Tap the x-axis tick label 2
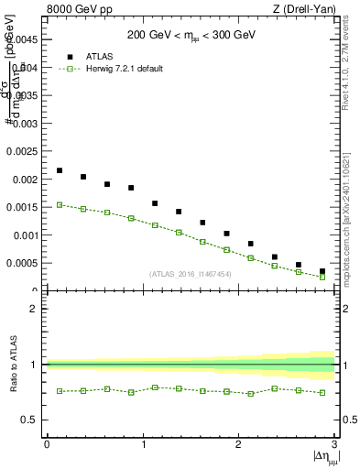coord(238,444)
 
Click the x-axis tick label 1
coord(143,444)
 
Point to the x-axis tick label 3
coord(334,444)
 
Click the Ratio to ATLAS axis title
coord(12,365)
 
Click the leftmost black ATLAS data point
coord(60,170)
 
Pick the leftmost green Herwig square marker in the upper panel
coord(60,205)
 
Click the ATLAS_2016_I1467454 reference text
coord(191,274)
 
